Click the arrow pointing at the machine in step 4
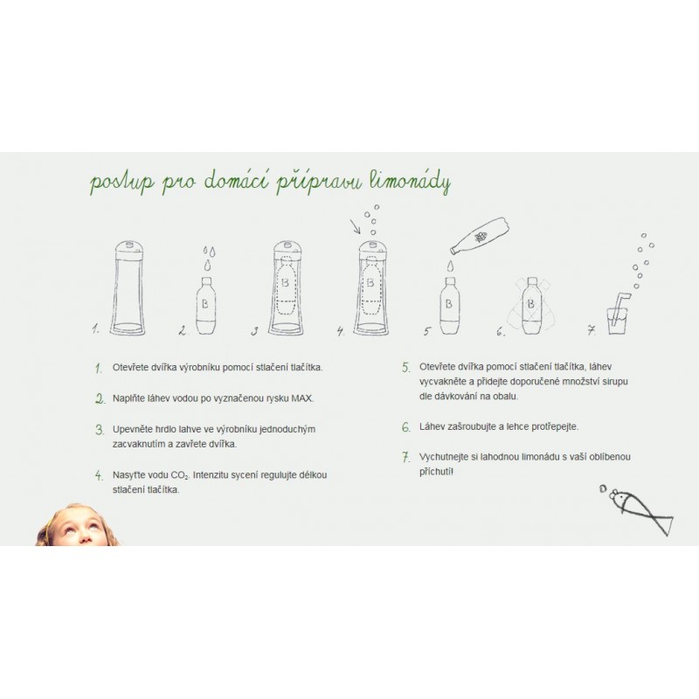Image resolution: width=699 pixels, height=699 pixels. tap(355, 226)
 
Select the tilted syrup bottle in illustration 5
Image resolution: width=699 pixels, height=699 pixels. tap(480, 236)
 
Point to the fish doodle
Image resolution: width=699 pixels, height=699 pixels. tap(639, 509)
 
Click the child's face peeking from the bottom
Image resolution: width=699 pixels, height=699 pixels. tap(77, 526)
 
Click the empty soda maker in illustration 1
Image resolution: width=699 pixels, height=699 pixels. tap(128, 288)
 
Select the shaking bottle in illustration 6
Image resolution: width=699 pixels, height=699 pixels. tap(531, 305)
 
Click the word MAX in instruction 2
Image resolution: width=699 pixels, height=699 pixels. tap(302, 398)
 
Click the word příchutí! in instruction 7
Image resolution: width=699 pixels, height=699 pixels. tap(436, 472)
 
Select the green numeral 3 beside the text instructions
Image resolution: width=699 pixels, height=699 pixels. tap(100, 430)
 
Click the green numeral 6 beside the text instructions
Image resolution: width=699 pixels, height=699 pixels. tap(405, 427)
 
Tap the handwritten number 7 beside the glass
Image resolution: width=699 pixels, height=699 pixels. tap(592, 330)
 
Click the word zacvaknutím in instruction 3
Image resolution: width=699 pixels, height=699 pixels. tap(139, 445)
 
